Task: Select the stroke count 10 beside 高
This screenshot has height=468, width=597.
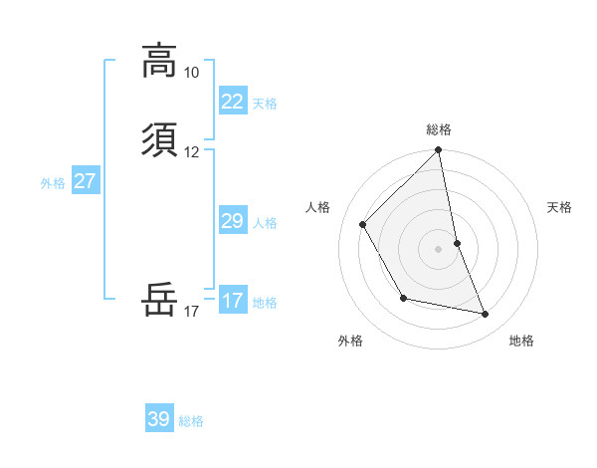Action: [191, 73]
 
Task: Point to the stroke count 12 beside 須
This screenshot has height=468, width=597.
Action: [191, 152]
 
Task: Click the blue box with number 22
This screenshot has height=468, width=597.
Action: [232, 102]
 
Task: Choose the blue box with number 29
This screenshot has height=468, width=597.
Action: [232, 221]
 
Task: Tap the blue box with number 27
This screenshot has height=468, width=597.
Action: [85, 181]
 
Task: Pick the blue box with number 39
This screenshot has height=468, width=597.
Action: [158, 419]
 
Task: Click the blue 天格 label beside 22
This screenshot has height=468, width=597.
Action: [264, 104]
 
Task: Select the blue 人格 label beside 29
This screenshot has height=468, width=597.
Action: [264, 223]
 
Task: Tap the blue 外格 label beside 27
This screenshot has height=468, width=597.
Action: [53, 183]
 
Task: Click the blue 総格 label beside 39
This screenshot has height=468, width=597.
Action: [191, 421]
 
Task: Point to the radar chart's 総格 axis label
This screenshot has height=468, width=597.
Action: [438, 129]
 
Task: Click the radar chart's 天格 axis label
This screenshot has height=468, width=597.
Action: [559, 207]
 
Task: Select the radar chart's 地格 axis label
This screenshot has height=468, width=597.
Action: [521, 341]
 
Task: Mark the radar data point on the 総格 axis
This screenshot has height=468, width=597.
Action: [438, 151]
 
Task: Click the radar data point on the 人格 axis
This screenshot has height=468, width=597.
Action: [363, 225]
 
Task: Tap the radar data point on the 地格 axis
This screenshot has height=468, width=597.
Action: [486, 315]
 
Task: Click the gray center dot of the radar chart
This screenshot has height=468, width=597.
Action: [438, 249]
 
